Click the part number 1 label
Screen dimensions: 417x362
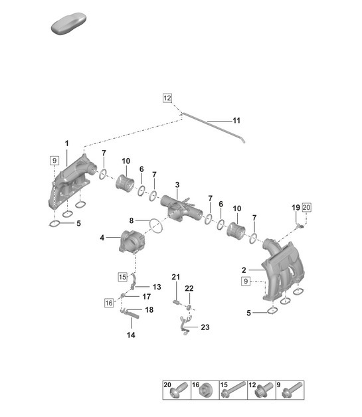[x=66, y=143]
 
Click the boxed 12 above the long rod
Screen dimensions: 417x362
[x=167, y=98]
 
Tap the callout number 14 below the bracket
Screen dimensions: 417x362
[x=130, y=335]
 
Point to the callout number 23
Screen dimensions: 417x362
[x=205, y=326]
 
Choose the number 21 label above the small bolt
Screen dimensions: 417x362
[x=176, y=276]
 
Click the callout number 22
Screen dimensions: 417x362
[x=189, y=288]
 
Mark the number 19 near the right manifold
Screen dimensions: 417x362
[x=296, y=208]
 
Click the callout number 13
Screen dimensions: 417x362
[x=157, y=287]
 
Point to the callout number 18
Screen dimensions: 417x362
[x=149, y=310]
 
